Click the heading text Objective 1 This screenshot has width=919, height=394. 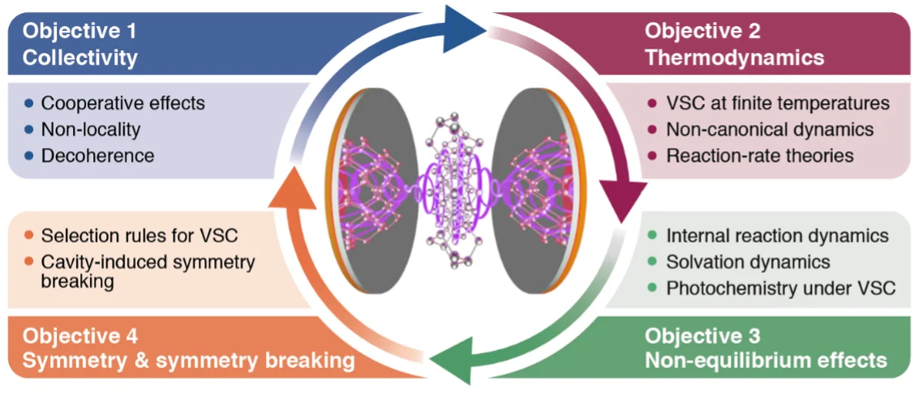pyautogui.click(x=79, y=32)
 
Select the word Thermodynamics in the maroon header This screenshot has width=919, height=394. pyautogui.click(x=734, y=58)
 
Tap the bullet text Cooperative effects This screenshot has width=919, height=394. pyautogui.click(x=122, y=103)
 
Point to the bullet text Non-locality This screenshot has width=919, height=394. pyautogui.click(x=91, y=129)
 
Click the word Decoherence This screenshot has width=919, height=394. pyautogui.click(x=97, y=155)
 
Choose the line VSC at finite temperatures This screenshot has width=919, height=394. pyautogui.click(x=777, y=103)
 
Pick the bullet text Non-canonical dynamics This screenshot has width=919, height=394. pyautogui.click(x=769, y=129)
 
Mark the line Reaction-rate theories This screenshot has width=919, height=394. pyautogui.click(x=759, y=155)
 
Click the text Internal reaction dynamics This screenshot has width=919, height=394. pyautogui.click(x=777, y=236)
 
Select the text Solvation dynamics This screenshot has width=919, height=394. pyautogui.click(x=748, y=262)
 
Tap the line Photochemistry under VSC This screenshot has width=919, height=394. pyautogui.click(x=780, y=288)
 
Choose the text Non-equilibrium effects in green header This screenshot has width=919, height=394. pyautogui.click(x=766, y=360)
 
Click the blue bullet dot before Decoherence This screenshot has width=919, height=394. pyautogui.click(x=29, y=155)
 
